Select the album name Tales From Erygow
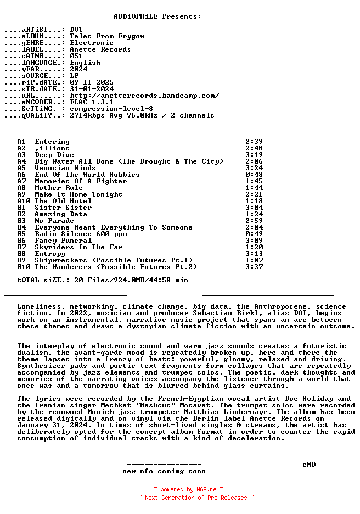tap(107, 36)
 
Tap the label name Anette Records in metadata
tap(100, 49)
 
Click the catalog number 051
tap(76, 56)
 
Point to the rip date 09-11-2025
tap(92, 82)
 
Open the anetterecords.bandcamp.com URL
tap(144, 96)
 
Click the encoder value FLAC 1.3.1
tap(92, 102)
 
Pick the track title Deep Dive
tap(54, 155)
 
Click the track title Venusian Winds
tap(65, 168)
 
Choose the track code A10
tap(24, 201)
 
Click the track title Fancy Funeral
tap(63, 241)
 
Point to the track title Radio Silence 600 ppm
tap(81, 234)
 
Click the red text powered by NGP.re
tap(188, 489)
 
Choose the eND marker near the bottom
tap(309, 465)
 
